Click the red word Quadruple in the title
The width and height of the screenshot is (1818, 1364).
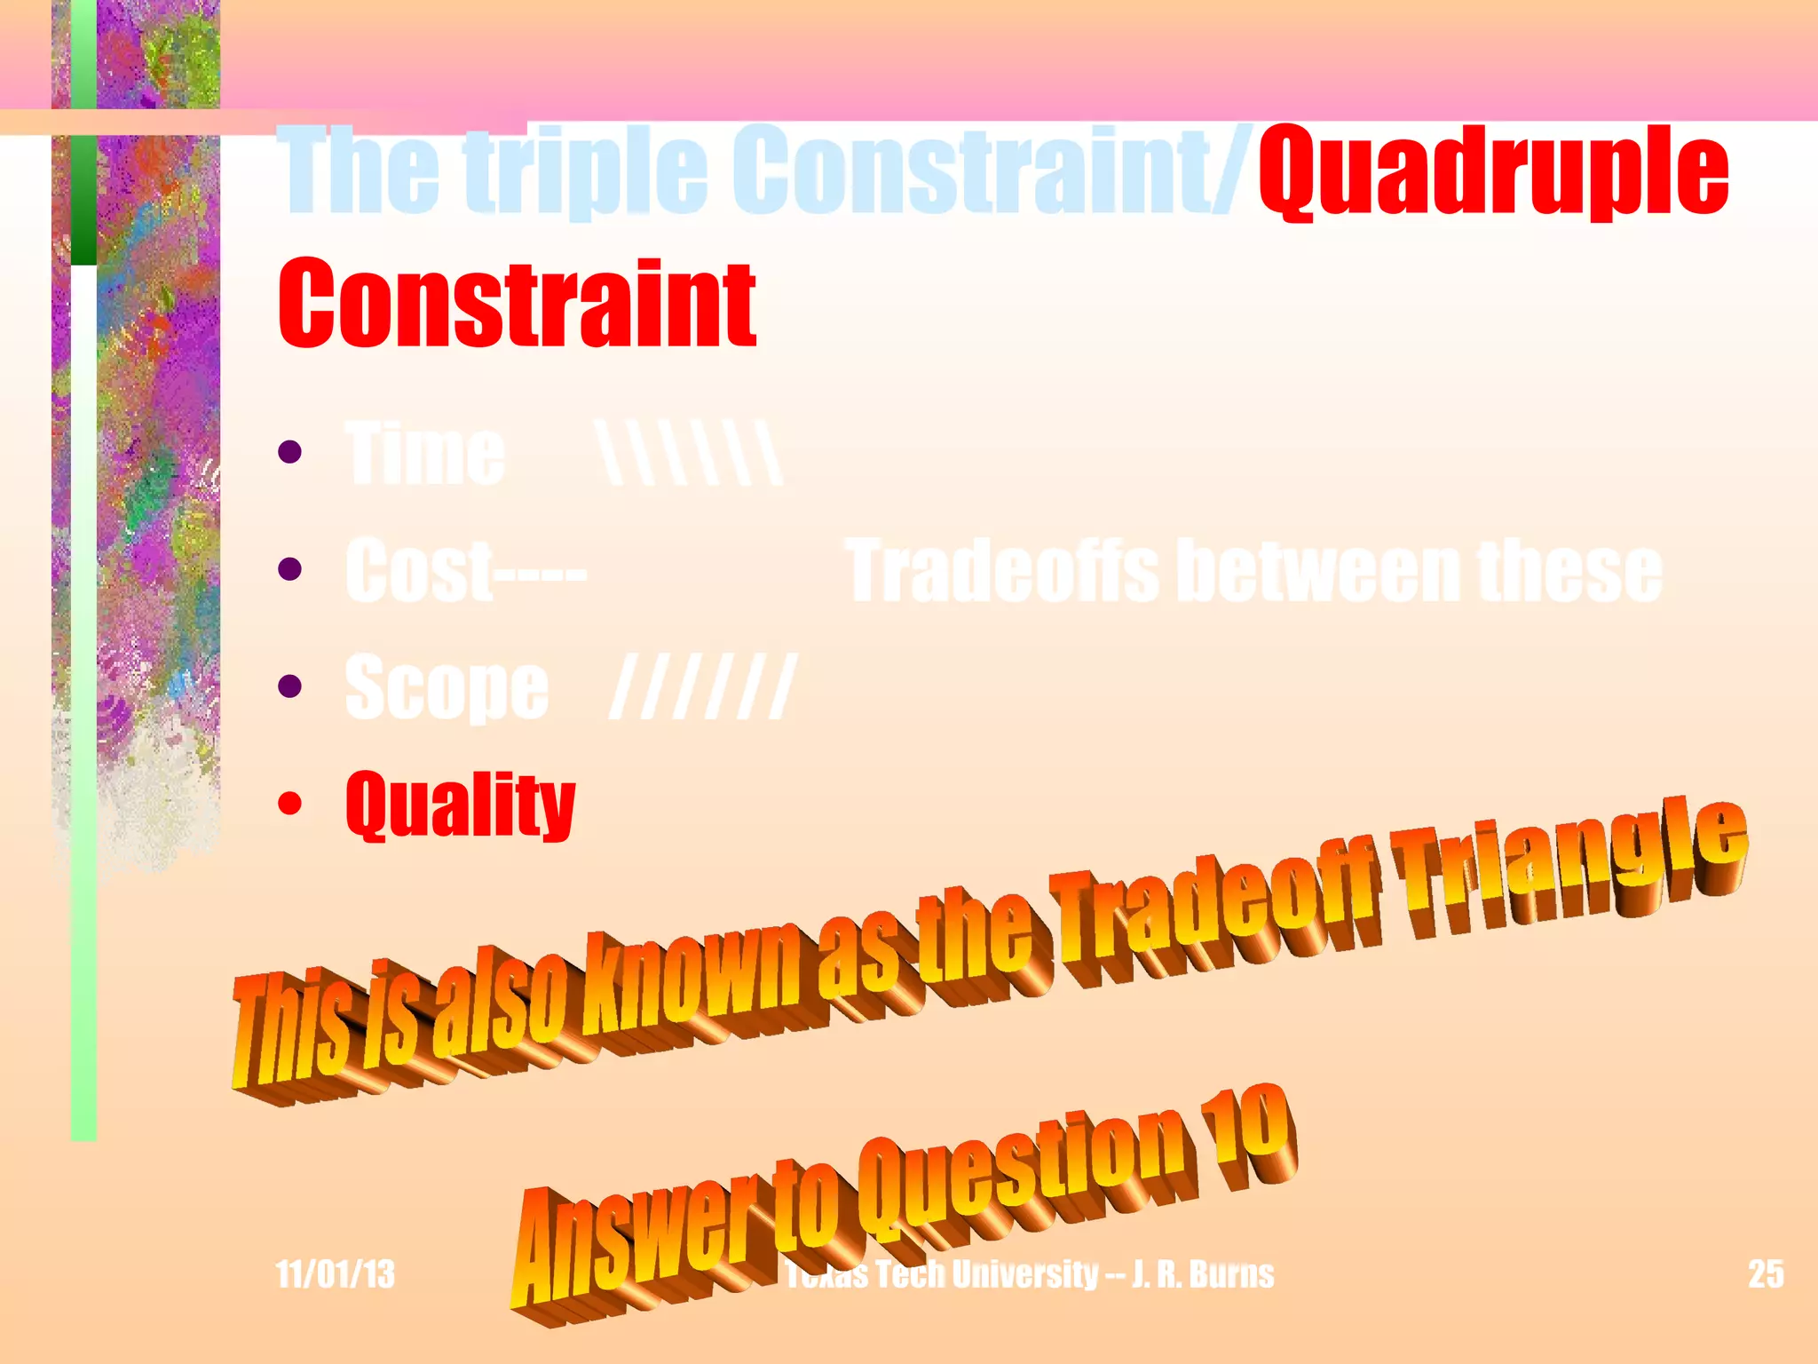pyautogui.click(x=1493, y=170)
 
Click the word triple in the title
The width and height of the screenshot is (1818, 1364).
pyautogui.click(x=586, y=170)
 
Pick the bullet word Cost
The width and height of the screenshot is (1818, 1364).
pyautogui.click(x=417, y=570)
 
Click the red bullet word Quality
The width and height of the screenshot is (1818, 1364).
pyautogui.click(x=461, y=804)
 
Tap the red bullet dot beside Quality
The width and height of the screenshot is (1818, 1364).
pyautogui.click(x=289, y=804)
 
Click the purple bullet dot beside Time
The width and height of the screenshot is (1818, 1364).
pyautogui.click(x=289, y=453)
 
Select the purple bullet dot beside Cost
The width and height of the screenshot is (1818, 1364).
pyautogui.click(x=289, y=569)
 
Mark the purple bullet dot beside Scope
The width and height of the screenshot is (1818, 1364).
pyautogui.click(x=289, y=686)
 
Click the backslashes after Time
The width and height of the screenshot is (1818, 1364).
pyautogui.click(x=691, y=454)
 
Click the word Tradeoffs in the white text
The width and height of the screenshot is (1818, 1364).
pyautogui.click(x=1004, y=570)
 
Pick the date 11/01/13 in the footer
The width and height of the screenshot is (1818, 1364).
pyautogui.click(x=335, y=1274)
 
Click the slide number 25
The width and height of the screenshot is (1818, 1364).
pyautogui.click(x=1766, y=1274)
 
